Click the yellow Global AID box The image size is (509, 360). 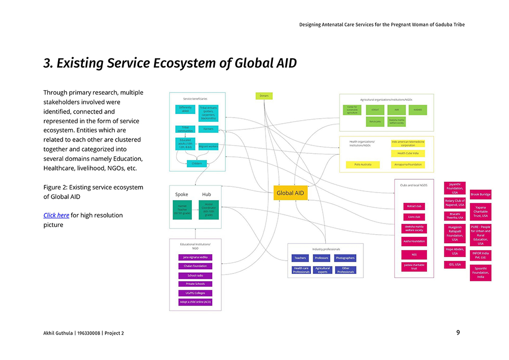pos(290,193)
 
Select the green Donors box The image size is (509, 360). pos(264,96)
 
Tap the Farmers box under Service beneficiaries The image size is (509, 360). pos(208,129)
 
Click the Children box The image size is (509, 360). pos(197,163)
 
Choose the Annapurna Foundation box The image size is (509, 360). pos(408,164)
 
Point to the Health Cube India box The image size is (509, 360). pos(408,153)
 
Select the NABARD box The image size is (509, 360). pos(417,109)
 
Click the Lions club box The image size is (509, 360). pos(414,217)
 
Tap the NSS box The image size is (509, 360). pos(414,254)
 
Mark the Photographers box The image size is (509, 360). pos(345,258)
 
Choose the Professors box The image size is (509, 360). pos(322,258)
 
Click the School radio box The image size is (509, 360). pos(195,275)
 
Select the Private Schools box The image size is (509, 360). pos(195,284)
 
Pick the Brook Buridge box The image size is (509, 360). pos(480,195)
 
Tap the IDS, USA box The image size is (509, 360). pos(455,265)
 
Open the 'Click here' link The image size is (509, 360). pos(56,215)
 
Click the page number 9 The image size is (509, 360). pos(458,333)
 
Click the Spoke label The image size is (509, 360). pos(182,195)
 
